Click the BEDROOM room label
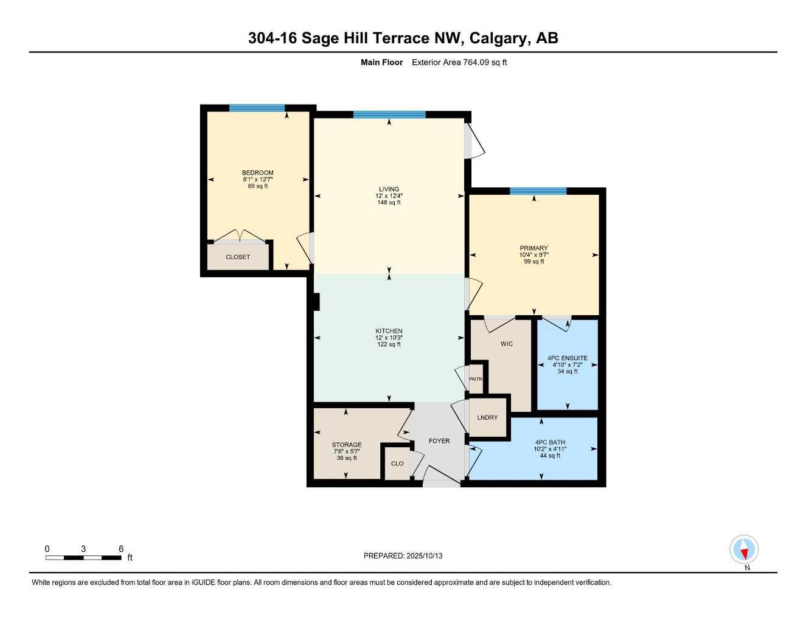(x=257, y=173)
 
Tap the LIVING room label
(x=389, y=189)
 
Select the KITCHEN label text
(x=389, y=331)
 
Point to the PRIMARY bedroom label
(x=533, y=248)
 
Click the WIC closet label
(x=506, y=344)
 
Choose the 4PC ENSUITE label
(x=567, y=358)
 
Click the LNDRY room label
(x=487, y=417)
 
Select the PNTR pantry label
(x=476, y=379)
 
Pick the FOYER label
(x=439, y=440)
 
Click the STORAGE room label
(x=347, y=445)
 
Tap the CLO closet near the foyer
(x=397, y=464)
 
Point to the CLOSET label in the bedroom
(x=238, y=257)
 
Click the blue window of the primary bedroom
(x=538, y=191)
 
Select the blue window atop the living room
(x=389, y=114)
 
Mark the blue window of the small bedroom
(x=257, y=108)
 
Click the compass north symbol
(x=743, y=550)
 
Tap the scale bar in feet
(x=83, y=557)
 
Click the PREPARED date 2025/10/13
(x=403, y=555)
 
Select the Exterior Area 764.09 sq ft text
(x=459, y=62)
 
